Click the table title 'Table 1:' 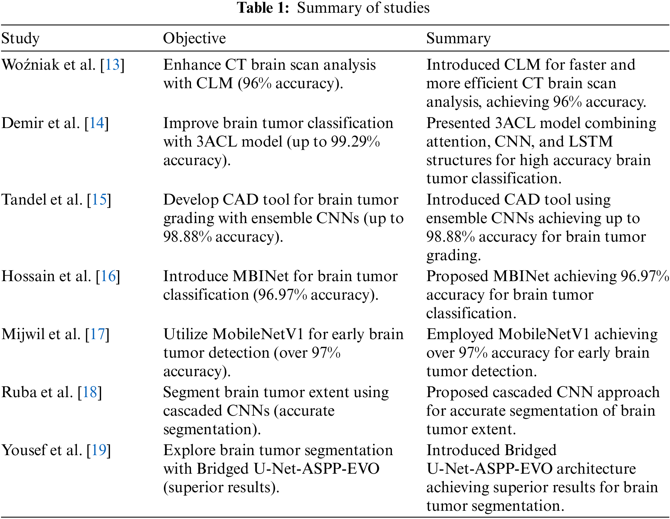point(263,8)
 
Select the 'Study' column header point(21,38)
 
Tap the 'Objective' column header point(194,38)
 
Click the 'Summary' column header point(458,38)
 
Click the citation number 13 point(112,65)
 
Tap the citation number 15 point(99,199)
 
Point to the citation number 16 point(108,276)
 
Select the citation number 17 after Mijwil point(97,334)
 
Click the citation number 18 point(90,392)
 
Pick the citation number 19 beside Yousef point(99,450)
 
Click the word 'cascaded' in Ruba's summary point(523,392)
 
